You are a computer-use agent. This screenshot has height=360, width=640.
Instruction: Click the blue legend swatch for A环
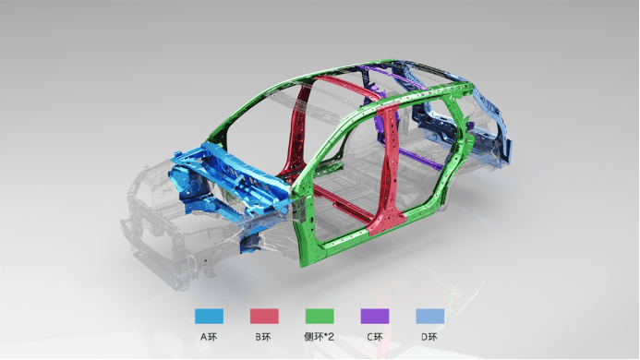click(x=209, y=317)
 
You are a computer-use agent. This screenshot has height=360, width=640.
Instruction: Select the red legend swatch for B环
click(x=264, y=317)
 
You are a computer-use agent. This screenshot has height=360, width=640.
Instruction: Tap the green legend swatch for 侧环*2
click(x=320, y=317)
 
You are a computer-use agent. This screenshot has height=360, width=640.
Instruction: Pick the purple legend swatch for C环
click(x=375, y=317)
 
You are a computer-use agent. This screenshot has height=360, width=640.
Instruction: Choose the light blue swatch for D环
click(x=429, y=317)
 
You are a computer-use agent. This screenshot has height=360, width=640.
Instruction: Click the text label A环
click(x=209, y=337)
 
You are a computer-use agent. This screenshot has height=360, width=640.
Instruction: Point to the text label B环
click(x=263, y=337)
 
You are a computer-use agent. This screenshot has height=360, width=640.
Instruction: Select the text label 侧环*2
click(x=320, y=337)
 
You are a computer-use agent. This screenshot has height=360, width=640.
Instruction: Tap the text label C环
click(x=375, y=337)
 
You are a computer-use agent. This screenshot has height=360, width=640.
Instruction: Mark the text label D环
click(x=429, y=337)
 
